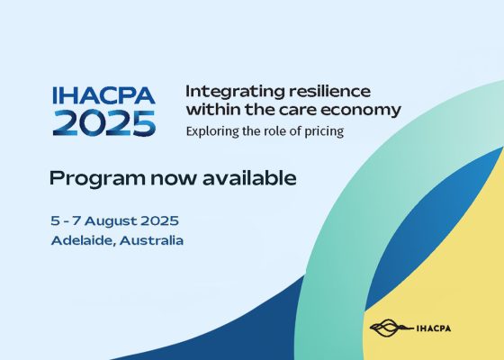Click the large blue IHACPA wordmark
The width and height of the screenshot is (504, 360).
coord(103,95)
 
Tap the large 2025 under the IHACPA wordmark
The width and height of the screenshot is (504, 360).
coord(104,123)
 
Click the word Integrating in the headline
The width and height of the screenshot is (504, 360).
coord(235,92)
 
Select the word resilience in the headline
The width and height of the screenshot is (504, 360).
coord(329,91)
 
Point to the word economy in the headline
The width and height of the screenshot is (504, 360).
coord(361,111)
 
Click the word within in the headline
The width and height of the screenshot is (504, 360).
coord(213,109)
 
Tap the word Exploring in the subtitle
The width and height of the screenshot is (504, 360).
coord(212,131)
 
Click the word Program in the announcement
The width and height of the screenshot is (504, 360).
coord(97,179)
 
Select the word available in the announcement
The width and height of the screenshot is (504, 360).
coord(249,178)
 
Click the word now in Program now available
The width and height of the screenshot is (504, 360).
coord(173,179)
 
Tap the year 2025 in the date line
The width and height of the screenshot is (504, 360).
coord(159,220)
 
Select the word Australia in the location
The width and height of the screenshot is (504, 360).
coord(151,240)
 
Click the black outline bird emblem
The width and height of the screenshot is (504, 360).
coord(391,328)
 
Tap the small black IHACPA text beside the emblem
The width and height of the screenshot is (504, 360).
coord(434,328)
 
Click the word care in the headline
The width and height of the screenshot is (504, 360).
coord(297,110)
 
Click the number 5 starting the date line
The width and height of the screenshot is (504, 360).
coord(55,221)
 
